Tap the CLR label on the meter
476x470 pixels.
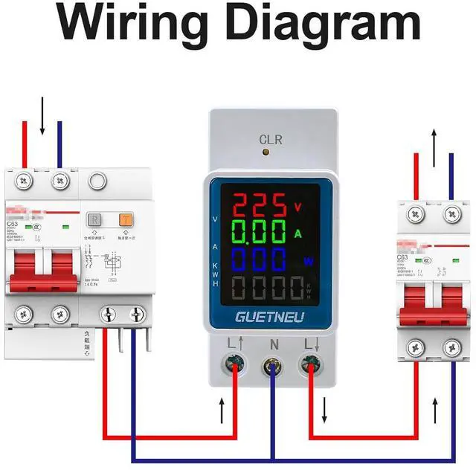coord(269,139)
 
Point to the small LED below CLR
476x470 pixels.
coord(266,152)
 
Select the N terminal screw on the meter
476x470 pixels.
coord(271,367)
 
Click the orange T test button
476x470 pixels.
coord(125,220)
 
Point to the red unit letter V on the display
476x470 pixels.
coord(298,207)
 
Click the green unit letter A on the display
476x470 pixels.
coord(298,234)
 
